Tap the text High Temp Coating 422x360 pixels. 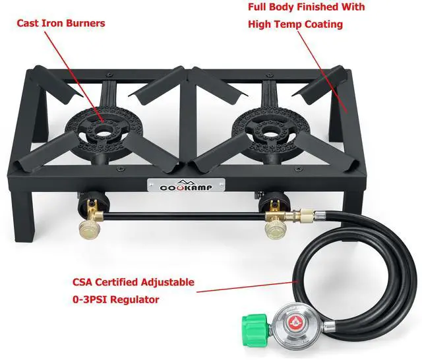coord(295,24)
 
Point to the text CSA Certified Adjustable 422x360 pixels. coord(133,282)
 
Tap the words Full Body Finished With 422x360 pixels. coord(306,7)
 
